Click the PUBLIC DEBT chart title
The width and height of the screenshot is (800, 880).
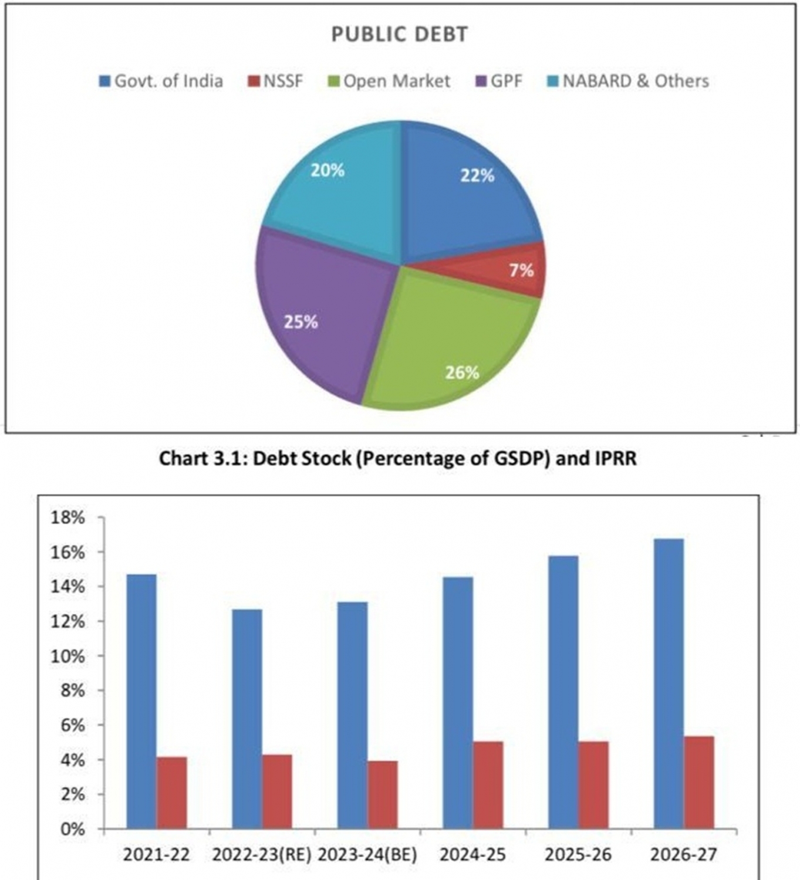click(x=400, y=35)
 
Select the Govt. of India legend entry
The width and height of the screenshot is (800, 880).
click(x=162, y=81)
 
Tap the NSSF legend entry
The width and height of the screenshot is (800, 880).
click(x=276, y=81)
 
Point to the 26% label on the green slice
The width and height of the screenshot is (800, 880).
click(x=462, y=373)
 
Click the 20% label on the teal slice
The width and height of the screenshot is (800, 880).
click(x=328, y=171)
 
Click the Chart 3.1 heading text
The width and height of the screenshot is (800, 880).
click(x=398, y=458)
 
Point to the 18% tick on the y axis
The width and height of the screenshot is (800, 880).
click(x=69, y=518)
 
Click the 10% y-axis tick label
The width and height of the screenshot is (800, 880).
click(x=69, y=656)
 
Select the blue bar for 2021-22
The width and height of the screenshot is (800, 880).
click(x=141, y=701)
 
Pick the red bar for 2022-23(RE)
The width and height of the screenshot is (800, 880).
click(x=277, y=791)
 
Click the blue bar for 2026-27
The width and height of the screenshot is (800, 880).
click(x=669, y=683)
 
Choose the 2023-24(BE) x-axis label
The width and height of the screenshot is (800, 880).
click(x=367, y=855)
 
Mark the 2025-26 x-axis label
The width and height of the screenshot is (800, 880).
click(x=578, y=855)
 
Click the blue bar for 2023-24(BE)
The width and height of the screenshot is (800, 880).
click(x=353, y=715)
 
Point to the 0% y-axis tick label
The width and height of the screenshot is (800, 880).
click(x=73, y=830)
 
